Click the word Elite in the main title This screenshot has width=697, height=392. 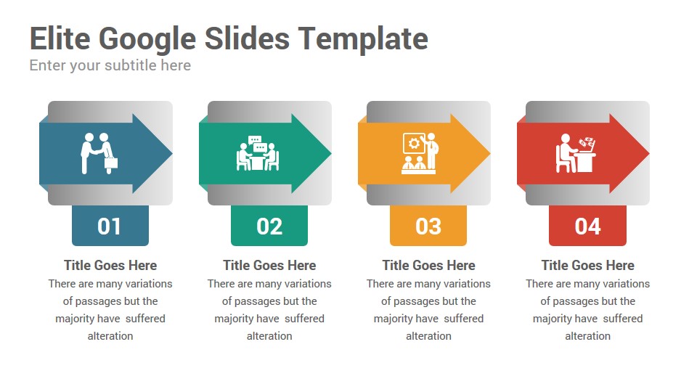click(x=60, y=38)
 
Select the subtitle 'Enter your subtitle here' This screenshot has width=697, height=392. click(x=110, y=65)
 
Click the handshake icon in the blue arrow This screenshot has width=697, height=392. click(x=99, y=153)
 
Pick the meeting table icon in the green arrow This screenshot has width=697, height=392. click(x=258, y=153)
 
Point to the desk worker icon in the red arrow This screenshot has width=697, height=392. click(x=576, y=153)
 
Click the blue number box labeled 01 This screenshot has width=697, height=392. click(x=110, y=225)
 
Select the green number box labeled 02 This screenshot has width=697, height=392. click(x=269, y=225)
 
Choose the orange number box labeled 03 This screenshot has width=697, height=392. click(x=428, y=225)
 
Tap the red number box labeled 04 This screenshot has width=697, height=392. click(x=587, y=225)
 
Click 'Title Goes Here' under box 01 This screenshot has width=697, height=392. click(x=110, y=266)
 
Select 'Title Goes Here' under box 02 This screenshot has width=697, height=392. click(x=269, y=266)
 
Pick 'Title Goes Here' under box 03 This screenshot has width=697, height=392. click(x=428, y=266)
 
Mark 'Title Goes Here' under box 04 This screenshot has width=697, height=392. click(x=587, y=266)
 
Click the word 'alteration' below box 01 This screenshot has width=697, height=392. click(x=110, y=336)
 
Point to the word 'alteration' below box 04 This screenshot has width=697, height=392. click(x=587, y=336)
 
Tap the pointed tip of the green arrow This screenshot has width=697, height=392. click(x=331, y=153)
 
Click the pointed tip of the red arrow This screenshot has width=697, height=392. click(x=649, y=153)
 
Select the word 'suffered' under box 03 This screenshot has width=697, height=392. click(x=464, y=319)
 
